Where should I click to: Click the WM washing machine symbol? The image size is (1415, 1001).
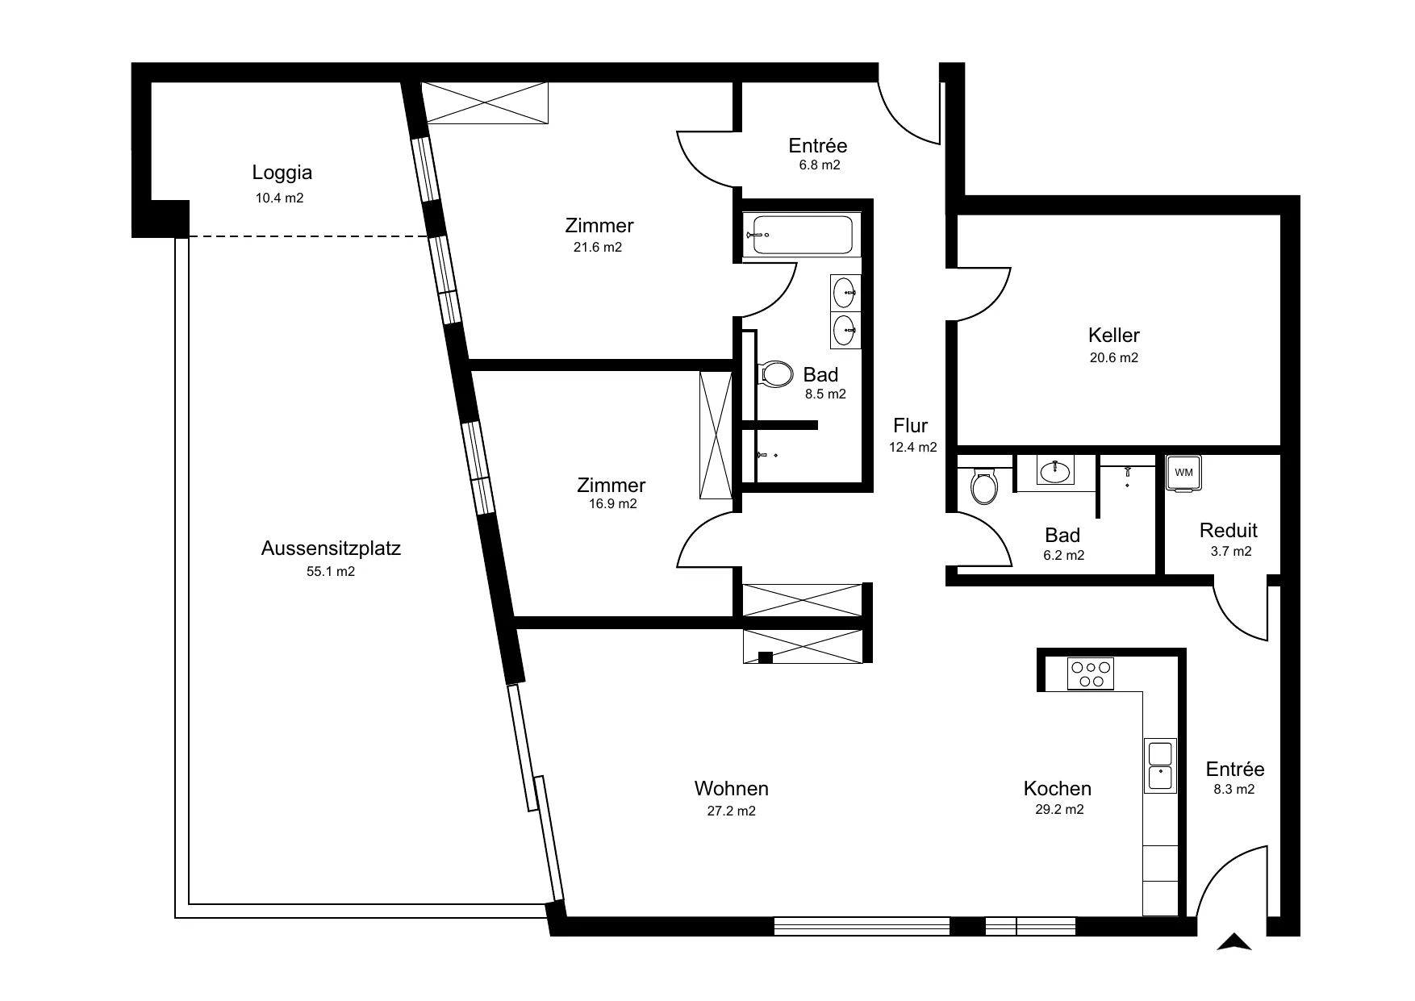tap(1183, 473)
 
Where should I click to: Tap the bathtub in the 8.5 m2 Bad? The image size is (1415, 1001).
tap(801, 235)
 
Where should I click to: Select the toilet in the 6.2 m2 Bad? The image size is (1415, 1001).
tap(984, 485)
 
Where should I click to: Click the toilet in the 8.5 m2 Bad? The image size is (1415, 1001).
tap(776, 374)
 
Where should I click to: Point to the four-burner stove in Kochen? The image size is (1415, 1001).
tap(1091, 674)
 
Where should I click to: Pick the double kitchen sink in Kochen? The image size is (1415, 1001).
tap(1160, 765)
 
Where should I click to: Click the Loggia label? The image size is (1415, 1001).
tap(282, 172)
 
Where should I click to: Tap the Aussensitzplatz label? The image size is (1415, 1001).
tap(331, 548)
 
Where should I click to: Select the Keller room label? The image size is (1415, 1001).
tap(1114, 335)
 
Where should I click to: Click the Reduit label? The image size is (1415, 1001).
tap(1229, 531)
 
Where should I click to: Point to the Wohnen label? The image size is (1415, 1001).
tap(732, 788)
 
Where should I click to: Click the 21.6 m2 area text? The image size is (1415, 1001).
tap(598, 248)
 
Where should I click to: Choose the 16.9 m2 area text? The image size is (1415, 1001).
tap(612, 504)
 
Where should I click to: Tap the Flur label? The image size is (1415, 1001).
tap(911, 426)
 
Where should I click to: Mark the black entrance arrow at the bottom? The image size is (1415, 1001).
tap(1234, 941)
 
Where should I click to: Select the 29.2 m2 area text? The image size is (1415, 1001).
tap(1059, 810)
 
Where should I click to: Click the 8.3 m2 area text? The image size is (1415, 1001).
tap(1234, 790)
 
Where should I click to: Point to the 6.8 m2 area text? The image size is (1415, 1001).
tap(820, 165)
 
